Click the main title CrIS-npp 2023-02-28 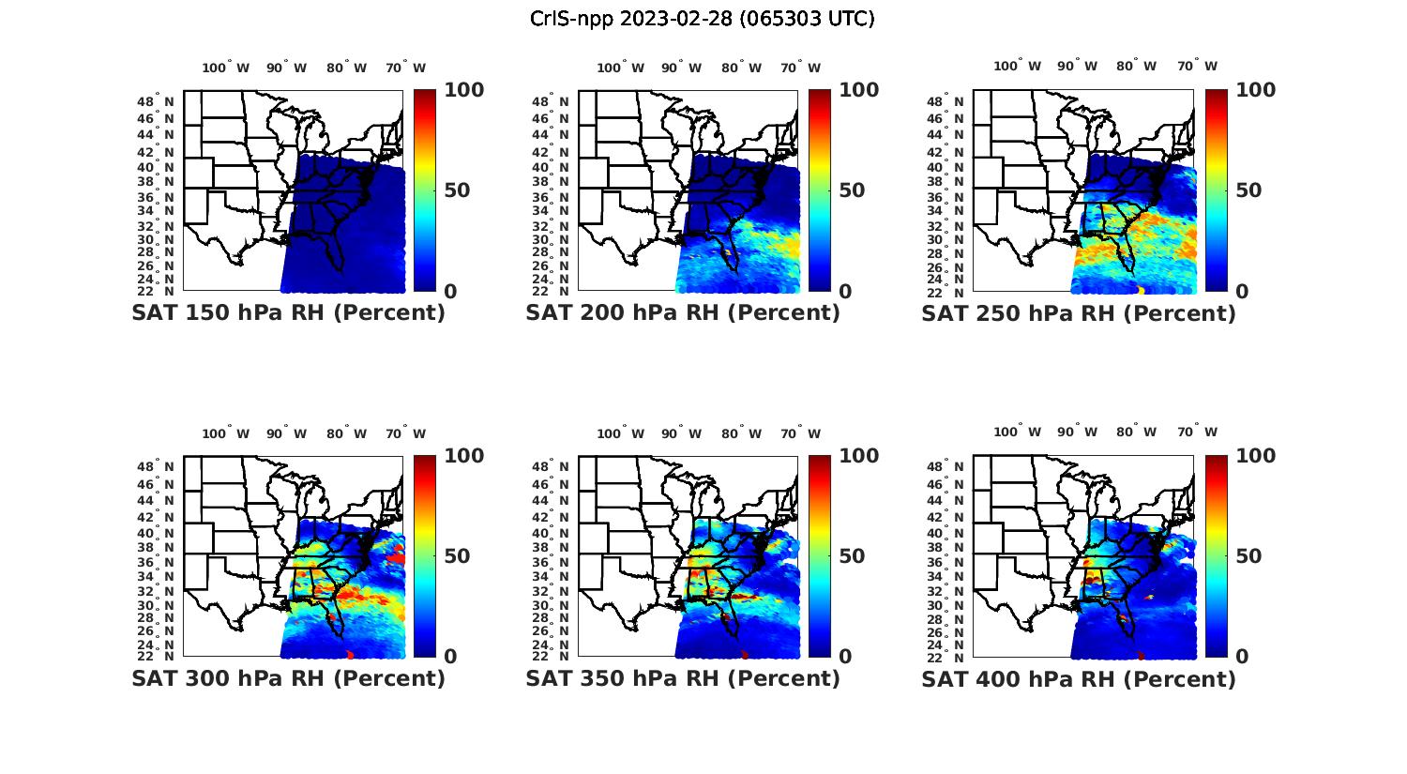click(703, 19)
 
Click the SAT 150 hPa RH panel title click(288, 312)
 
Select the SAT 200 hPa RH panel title click(683, 312)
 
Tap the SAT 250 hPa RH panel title click(1079, 312)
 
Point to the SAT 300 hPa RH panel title click(288, 678)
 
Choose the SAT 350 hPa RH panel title click(683, 678)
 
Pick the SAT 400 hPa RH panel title click(1079, 678)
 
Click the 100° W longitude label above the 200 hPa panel click(620, 68)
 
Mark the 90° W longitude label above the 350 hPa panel click(681, 433)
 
